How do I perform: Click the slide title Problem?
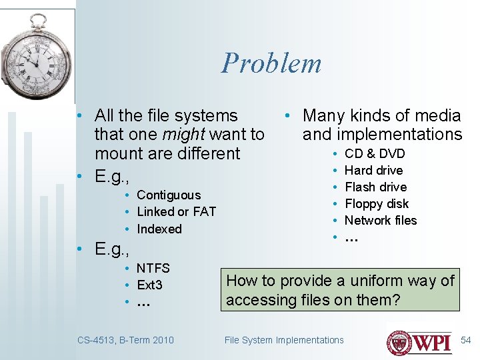pyautogui.click(x=271, y=63)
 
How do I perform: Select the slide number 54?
pyautogui.click(x=466, y=340)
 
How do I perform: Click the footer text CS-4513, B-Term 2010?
pyautogui.click(x=125, y=340)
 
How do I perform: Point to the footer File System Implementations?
pyautogui.click(x=284, y=340)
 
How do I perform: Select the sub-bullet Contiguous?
pyautogui.click(x=168, y=195)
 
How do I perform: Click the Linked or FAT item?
pyautogui.click(x=176, y=212)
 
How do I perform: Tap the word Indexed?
pyautogui.click(x=159, y=229)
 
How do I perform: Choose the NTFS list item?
pyautogui.click(x=153, y=269)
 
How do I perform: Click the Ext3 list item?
pyautogui.click(x=149, y=285)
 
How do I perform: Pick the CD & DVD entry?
pyautogui.click(x=375, y=154)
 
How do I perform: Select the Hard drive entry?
pyautogui.click(x=373, y=171)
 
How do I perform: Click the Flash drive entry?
pyautogui.click(x=375, y=187)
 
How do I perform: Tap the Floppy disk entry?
pyautogui.click(x=376, y=204)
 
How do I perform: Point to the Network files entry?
pyautogui.click(x=380, y=221)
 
